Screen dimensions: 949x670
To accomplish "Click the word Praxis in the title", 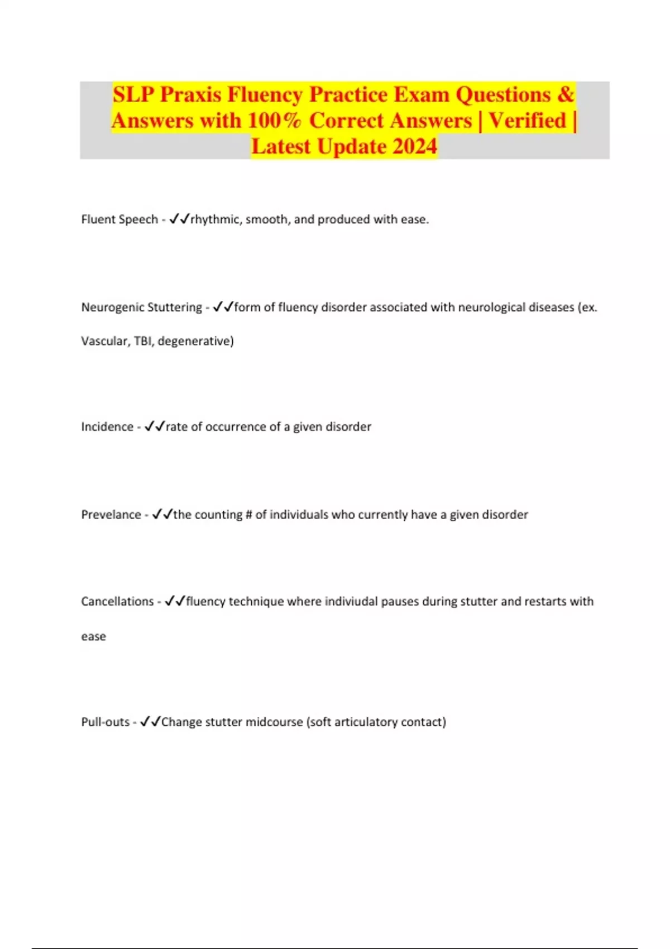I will (190, 95).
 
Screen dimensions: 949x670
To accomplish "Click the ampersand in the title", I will (565, 95).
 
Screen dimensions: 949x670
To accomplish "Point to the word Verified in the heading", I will (527, 121).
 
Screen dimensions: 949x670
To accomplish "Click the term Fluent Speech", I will (119, 219).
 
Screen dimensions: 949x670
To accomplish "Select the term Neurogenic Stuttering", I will (142, 307).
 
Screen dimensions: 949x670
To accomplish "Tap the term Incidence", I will (107, 426).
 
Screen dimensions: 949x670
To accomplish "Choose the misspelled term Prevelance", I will (111, 514).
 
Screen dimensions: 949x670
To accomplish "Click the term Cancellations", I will (117, 601).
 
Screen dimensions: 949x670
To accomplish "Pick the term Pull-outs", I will (106, 722).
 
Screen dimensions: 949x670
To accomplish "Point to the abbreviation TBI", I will (143, 341).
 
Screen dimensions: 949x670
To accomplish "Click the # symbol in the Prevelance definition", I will (248, 514).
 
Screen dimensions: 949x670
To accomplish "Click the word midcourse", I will (274, 722).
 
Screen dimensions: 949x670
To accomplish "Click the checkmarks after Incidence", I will (155, 426).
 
